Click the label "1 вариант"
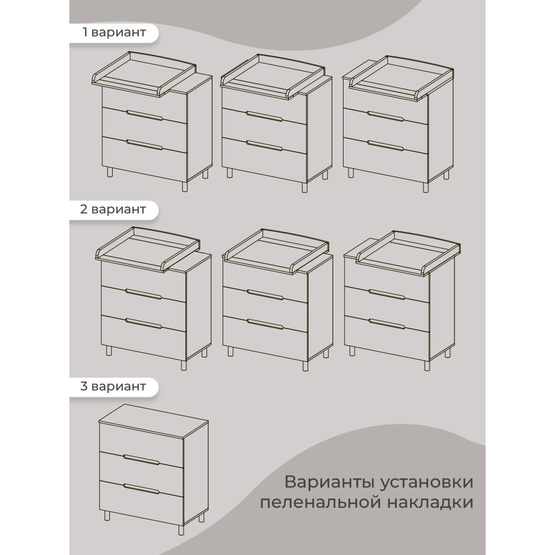point(114,33)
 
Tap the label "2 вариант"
point(113,209)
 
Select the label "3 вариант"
point(113,386)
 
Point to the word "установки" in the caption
point(427,483)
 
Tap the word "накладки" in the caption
point(431,502)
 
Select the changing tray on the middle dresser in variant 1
point(272,75)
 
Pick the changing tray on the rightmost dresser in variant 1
point(401,77)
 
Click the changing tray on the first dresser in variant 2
point(148,249)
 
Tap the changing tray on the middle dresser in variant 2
point(276,251)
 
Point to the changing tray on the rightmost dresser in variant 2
point(408,253)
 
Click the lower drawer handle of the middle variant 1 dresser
point(264,145)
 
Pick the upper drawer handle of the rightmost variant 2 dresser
point(386,294)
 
